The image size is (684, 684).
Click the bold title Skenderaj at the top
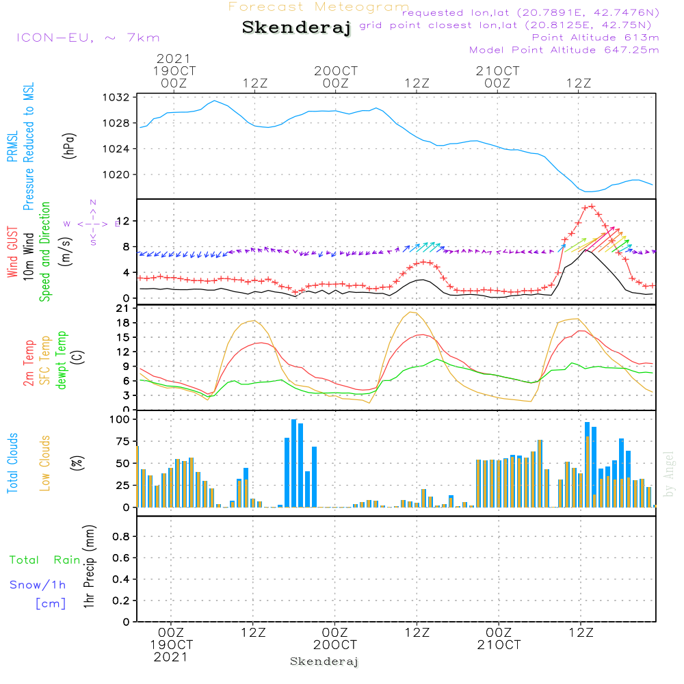coord(296,28)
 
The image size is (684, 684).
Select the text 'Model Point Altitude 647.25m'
coord(564,50)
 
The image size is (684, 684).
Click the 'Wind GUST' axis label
coord(12,252)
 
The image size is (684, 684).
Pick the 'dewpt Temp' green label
coord(62,360)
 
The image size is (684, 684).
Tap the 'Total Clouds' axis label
coord(12,463)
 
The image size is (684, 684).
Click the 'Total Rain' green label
coord(45,560)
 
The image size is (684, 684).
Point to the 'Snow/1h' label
coord(38,585)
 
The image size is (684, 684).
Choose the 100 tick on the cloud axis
coord(120,419)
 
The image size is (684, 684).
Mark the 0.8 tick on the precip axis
coord(121,537)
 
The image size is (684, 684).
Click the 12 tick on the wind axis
coord(124,221)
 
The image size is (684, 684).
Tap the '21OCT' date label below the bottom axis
coord(499,644)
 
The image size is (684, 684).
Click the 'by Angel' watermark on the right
coord(669,474)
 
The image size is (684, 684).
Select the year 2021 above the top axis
coord(173,59)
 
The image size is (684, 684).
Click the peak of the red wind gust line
coord(588,206)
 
